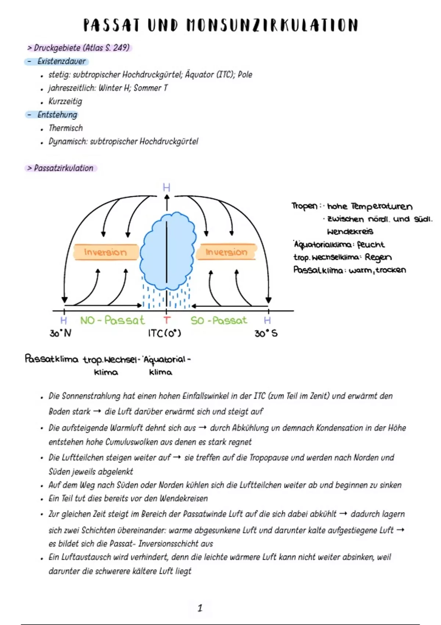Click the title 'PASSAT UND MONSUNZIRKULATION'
[x=220, y=26]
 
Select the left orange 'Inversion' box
[x=105, y=252]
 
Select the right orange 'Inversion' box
[x=226, y=252]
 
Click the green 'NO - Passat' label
[x=112, y=320]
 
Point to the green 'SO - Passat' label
[x=219, y=321]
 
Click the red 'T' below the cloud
[x=167, y=321]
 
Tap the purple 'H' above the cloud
[x=166, y=188]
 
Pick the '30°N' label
[x=61, y=333]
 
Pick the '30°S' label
[x=266, y=333]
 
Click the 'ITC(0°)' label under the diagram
[x=164, y=333]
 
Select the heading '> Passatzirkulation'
[x=61, y=168]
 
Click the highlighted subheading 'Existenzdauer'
[x=61, y=61]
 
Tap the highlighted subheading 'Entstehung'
[x=57, y=115]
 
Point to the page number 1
[x=200, y=608]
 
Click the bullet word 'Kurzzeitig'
[x=65, y=101]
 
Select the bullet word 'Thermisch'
[x=66, y=128]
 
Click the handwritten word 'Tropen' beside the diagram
[x=304, y=206]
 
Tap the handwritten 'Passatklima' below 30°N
[x=51, y=359]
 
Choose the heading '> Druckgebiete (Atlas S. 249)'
[x=79, y=48]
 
